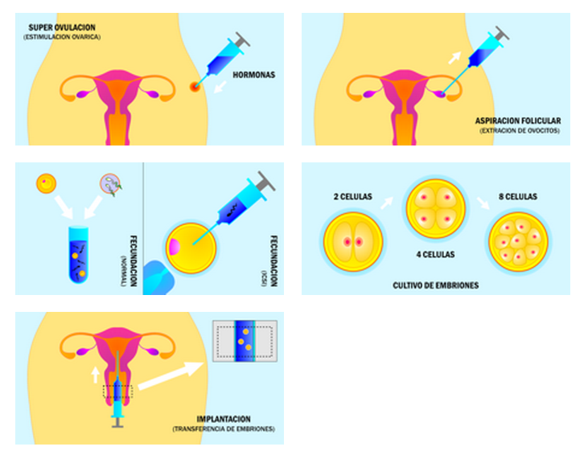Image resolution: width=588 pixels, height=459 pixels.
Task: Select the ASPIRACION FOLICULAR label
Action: (517, 121)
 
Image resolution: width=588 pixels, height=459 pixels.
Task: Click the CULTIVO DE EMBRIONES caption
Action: (435, 285)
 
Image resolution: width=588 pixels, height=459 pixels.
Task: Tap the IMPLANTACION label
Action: (224, 419)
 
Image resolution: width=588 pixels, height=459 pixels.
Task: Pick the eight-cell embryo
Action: (518, 240)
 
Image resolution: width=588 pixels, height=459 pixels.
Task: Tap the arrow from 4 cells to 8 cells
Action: (483, 203)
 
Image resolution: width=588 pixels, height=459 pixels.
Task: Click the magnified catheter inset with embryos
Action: (245, 340)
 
